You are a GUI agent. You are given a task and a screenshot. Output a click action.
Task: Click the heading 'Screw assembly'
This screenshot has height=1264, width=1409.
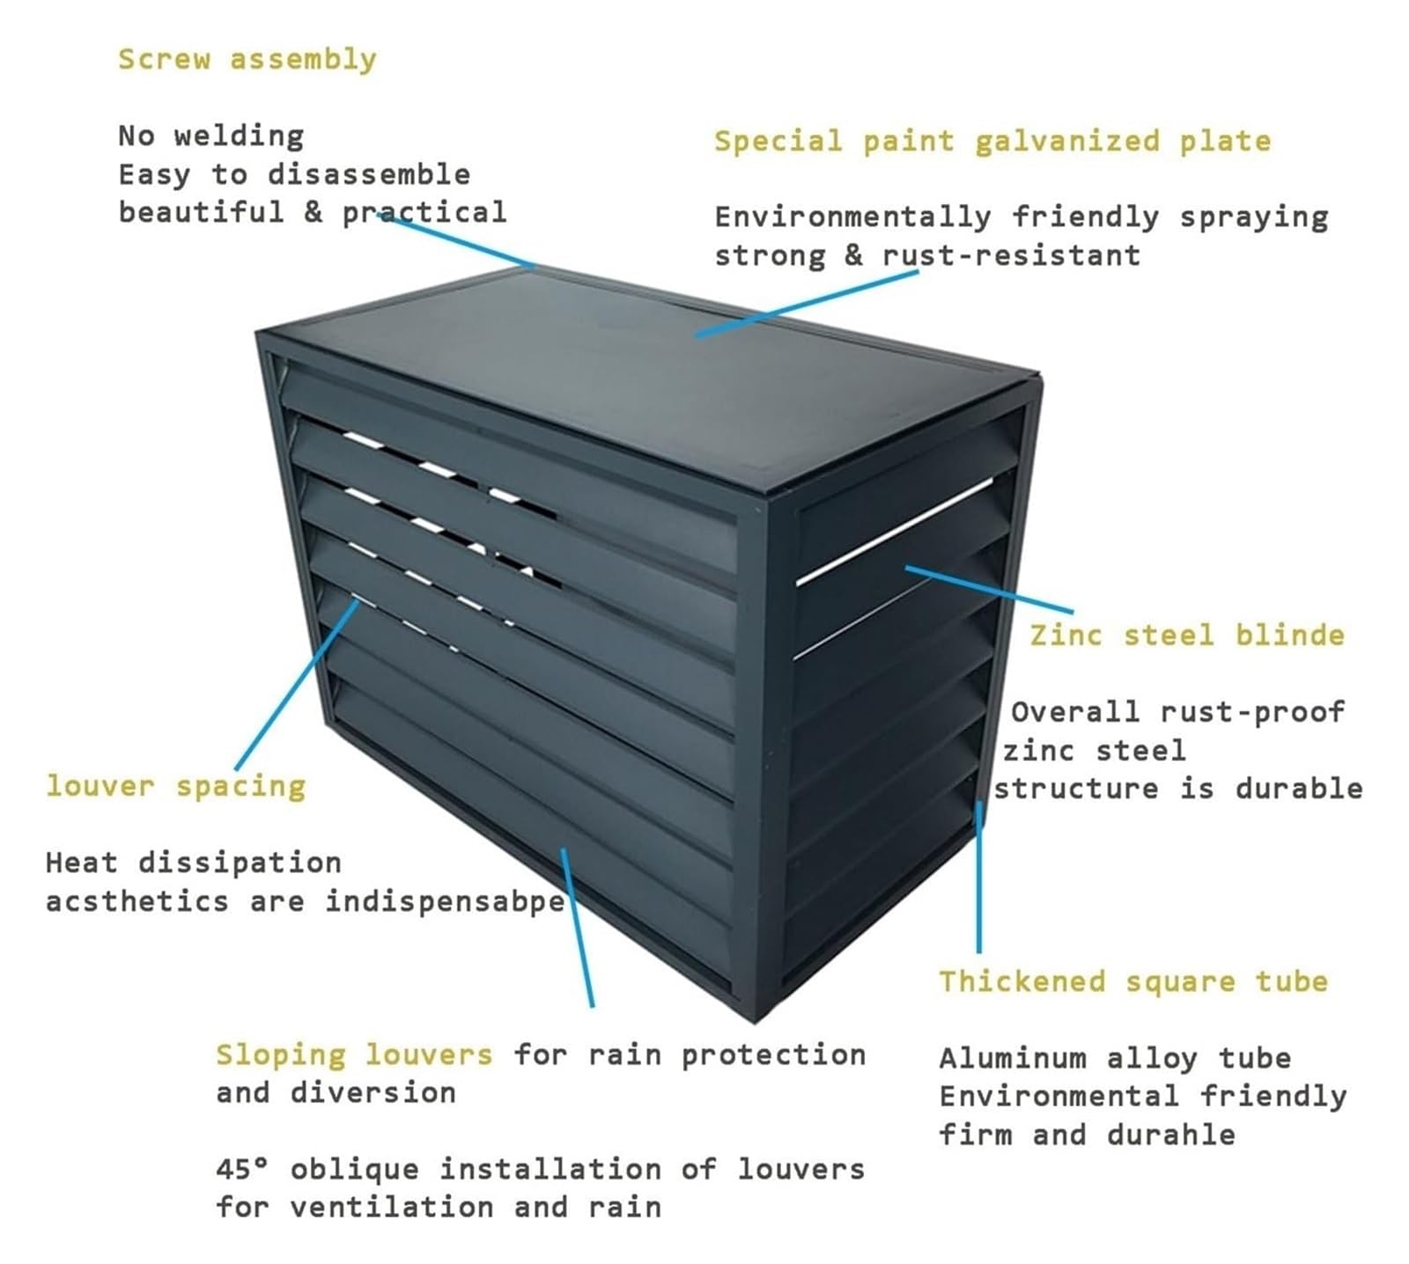click(247, 60)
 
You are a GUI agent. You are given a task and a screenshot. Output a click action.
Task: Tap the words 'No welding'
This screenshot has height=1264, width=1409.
click(211, 136)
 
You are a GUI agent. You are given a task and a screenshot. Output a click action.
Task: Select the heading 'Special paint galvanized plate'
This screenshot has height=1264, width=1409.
click(992, 141)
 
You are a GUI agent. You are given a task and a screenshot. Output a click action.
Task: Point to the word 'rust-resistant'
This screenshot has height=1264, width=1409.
click(1011, 255)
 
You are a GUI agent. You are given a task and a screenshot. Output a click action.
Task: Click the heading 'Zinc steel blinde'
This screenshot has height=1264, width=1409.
click(1187, 635)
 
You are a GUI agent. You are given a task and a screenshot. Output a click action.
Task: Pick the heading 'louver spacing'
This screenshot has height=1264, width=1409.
click(176, 786)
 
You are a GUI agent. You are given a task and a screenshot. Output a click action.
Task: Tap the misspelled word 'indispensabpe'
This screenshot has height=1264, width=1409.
click(446, 901)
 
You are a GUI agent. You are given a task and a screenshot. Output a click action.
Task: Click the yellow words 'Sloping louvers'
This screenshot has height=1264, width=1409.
click(354, 1055)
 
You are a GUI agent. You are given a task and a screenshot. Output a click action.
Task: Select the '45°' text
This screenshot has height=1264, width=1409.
click(242, 1169)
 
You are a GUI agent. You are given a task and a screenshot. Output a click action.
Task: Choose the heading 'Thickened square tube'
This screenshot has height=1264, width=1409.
click(1133, 981)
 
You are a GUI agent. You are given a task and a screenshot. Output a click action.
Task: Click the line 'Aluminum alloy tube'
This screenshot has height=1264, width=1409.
click(1115, 1057)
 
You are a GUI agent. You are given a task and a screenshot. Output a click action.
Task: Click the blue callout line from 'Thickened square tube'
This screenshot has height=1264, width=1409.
click(979, 877)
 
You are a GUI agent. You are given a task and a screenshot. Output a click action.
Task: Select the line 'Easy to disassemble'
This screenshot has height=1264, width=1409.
click(294, 174)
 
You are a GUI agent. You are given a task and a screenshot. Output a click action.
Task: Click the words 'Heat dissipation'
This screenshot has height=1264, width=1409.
click(193, 863)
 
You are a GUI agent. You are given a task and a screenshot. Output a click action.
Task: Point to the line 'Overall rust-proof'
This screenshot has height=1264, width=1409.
click(1177, 711)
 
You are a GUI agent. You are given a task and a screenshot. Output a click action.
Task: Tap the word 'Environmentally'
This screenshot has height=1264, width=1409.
click(852, 217)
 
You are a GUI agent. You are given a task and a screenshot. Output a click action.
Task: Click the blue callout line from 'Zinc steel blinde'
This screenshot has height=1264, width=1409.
click(990, 590)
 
